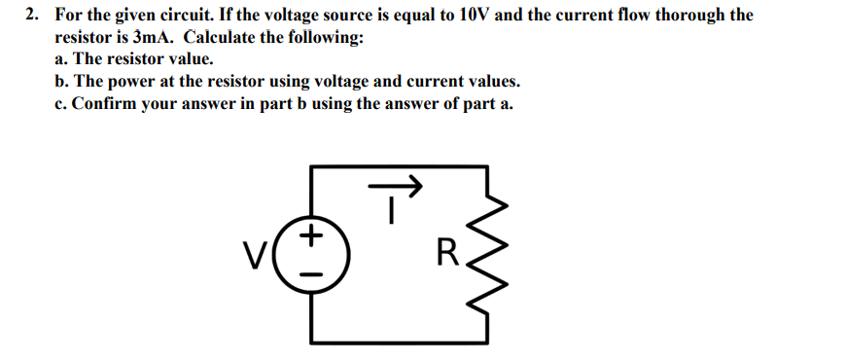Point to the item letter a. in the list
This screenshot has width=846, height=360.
click(62, 60)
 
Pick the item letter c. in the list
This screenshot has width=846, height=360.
click(62, 104)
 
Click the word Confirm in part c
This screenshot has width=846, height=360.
click(111, 104)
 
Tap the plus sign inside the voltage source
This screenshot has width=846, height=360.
click(311, 234)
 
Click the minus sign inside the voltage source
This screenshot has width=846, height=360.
click(311, 273)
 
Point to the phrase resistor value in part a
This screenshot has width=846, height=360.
click(155, 60)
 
